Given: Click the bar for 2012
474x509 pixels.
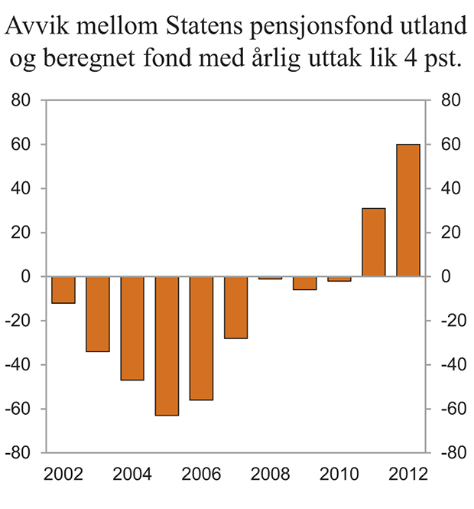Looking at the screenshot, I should (408, 210).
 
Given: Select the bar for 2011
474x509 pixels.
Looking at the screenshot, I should (374, 243).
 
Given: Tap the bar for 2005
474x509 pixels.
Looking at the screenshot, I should (167, 346).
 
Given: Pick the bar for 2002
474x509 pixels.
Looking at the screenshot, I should (63, 290).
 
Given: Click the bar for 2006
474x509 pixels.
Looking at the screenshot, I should (201, 338).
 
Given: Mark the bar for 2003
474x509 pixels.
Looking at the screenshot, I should (98, 314).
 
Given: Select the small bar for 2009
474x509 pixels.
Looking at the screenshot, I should (305, 283).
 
